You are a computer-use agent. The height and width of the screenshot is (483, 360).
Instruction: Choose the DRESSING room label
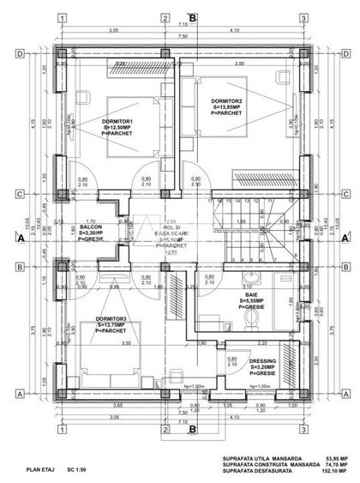[262, 361]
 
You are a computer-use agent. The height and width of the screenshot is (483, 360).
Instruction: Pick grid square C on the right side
[343, 194]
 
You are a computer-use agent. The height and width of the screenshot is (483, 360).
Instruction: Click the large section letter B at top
[193, 16]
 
